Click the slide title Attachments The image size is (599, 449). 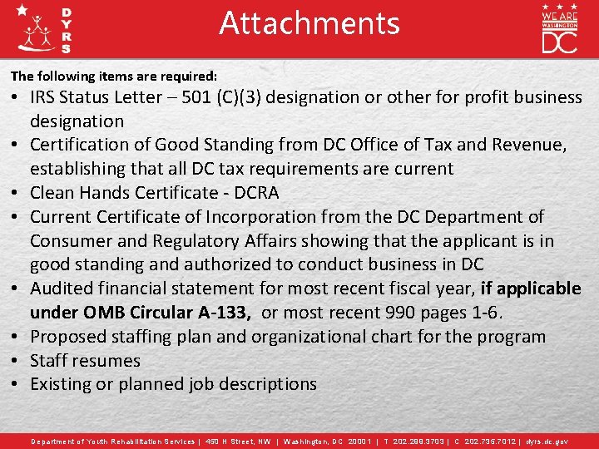309,23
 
